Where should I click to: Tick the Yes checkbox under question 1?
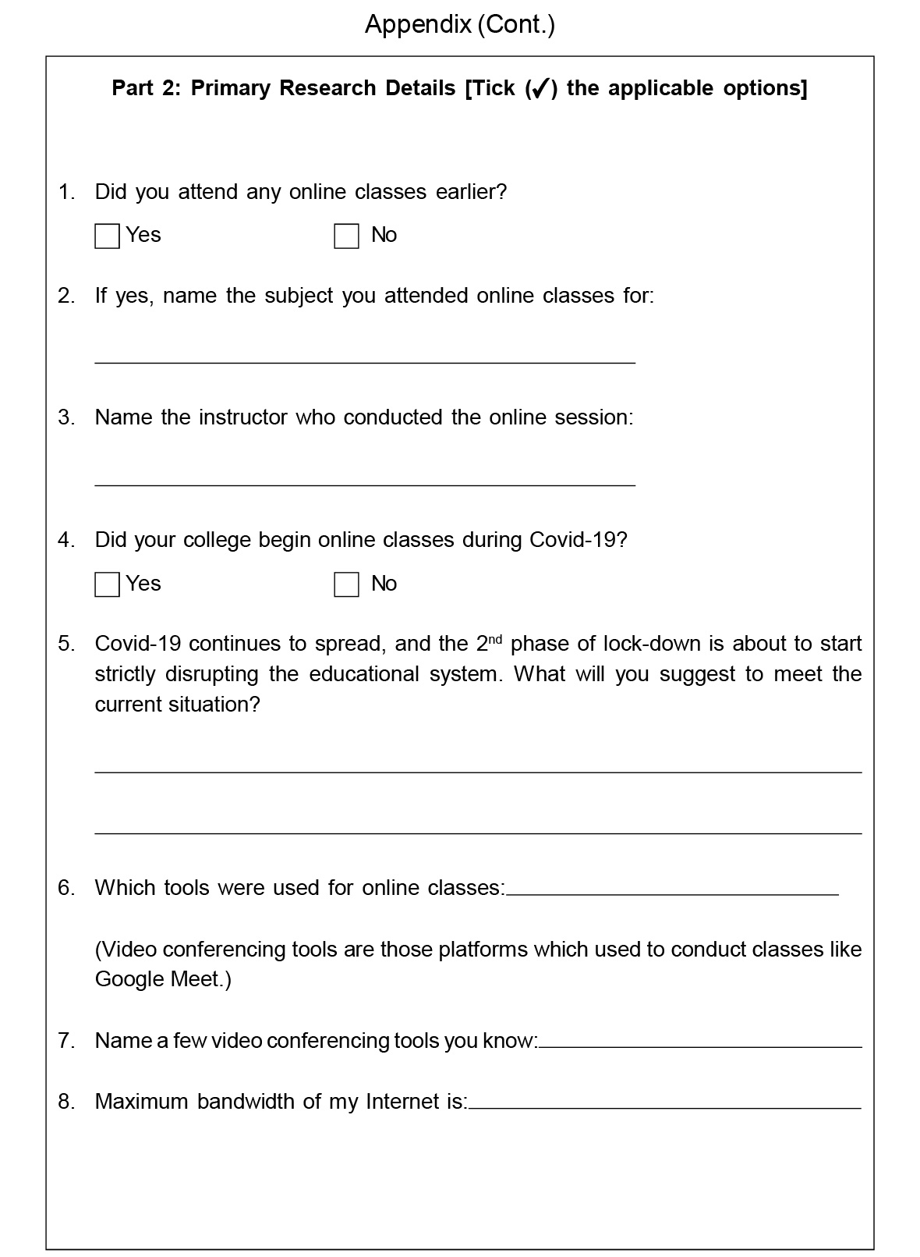click(107, 236)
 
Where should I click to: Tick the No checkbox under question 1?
click(346, 236)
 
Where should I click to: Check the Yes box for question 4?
click(107, 584)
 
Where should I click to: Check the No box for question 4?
click(346, 584)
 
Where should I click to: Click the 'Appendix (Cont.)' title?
click(460, 25)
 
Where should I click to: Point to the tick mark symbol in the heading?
click(539, 89)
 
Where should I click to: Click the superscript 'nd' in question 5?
click(495, 638)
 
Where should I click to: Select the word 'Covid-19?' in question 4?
click(578, 540)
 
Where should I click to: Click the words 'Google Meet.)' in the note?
click(163, 979)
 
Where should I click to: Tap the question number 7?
click(66, 1040)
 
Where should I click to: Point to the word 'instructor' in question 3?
click(243, 417)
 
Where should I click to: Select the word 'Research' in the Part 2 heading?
click(328, 88)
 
